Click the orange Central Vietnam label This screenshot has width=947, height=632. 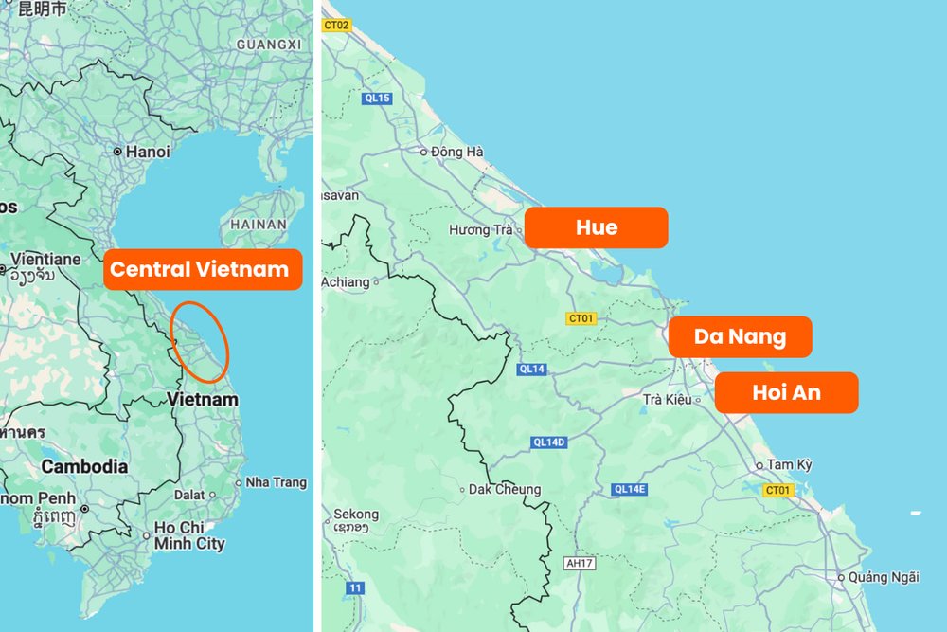(199, 269)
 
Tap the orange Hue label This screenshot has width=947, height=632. (596, 227)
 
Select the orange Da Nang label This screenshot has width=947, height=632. (740, 336)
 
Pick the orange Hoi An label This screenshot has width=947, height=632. (786, 392)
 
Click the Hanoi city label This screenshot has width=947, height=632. (148, 152)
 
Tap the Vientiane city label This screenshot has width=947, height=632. (45, 259)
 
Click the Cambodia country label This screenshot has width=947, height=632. (84, 466)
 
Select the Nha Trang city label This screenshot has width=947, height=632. (276, 482)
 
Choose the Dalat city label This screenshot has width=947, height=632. (189, 495)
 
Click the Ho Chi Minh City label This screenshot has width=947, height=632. (190, 535)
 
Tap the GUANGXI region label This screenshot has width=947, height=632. (268, 45)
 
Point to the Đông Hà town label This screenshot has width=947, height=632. (456, 152)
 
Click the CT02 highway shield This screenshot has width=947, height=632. (336, 26)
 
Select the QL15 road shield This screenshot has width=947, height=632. (376, 98)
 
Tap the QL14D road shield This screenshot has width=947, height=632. (548, 442)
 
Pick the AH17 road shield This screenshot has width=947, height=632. (578, 563)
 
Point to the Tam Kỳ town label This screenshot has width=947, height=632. (789, 464)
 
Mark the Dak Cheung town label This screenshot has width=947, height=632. (505, 490)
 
